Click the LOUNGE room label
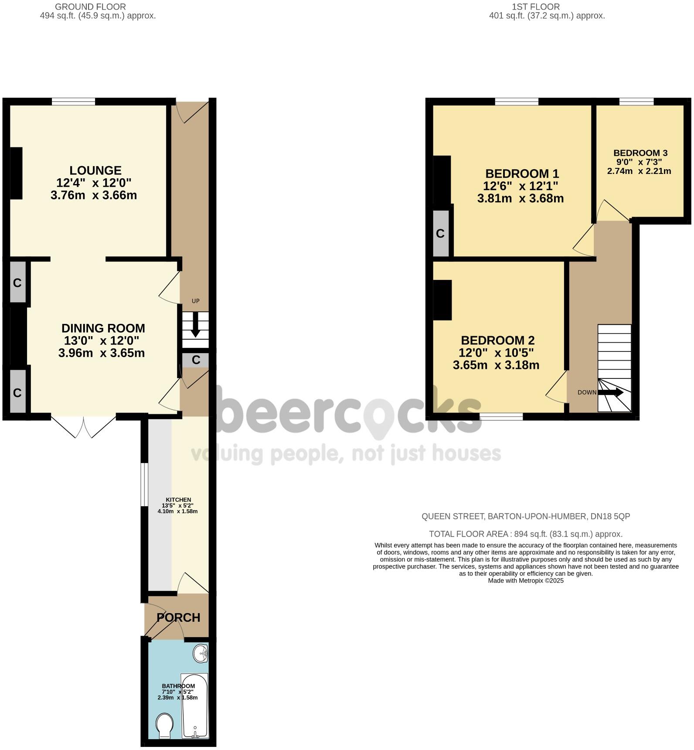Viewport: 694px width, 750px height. [95, 170]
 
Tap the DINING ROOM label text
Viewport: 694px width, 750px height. [103, 328]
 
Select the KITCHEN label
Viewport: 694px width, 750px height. [178, 500]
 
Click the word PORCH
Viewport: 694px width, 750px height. [178, 617]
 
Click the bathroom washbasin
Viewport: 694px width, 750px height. [201, 653]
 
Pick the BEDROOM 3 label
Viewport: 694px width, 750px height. [640, 153]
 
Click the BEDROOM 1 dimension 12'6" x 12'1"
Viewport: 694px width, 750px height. [520, 186]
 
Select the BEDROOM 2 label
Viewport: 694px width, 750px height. [497, 340]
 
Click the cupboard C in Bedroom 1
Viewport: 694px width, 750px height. [440, 234]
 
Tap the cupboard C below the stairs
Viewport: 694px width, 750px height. [196, 360]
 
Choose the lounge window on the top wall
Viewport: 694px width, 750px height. [73, 102]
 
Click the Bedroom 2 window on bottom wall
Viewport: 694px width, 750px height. [501, 417]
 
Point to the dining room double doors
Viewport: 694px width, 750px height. [83, 426]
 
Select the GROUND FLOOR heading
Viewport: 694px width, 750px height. [90, 7]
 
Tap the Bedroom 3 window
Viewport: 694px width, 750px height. [636, 102]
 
